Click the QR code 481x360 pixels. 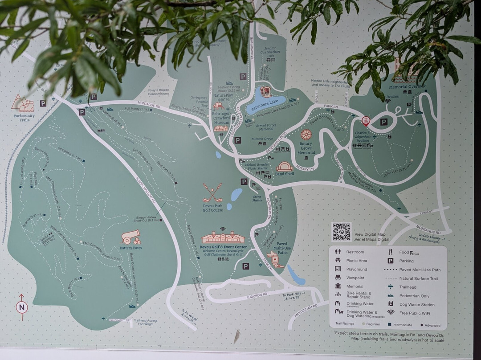click(342, 232)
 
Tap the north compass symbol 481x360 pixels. click(21, 307)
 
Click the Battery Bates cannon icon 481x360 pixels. click(131, 237)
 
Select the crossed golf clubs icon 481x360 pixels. click(212, 193)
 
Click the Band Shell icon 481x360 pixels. click(284, 167)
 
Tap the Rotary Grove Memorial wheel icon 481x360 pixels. click(306, 135)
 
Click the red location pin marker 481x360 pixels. click(366, 121)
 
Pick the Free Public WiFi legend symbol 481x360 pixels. click(391, 312)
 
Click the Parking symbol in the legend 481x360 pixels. click(391, 261)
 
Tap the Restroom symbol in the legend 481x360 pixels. click(338, 252)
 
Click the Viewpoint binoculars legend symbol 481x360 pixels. click(338, 278)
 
